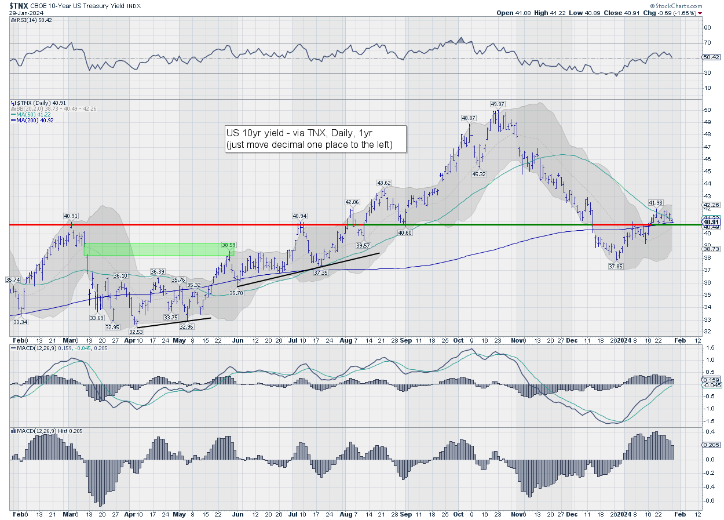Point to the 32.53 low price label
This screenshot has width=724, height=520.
coord(136,332)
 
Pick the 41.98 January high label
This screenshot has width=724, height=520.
coord(655,202)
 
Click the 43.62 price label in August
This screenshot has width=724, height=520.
coord(384,183)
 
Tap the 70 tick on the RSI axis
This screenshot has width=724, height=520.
coord(707,43)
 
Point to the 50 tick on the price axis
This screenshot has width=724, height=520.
coord(707,110)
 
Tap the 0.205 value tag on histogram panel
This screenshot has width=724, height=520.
coord(711,444)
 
